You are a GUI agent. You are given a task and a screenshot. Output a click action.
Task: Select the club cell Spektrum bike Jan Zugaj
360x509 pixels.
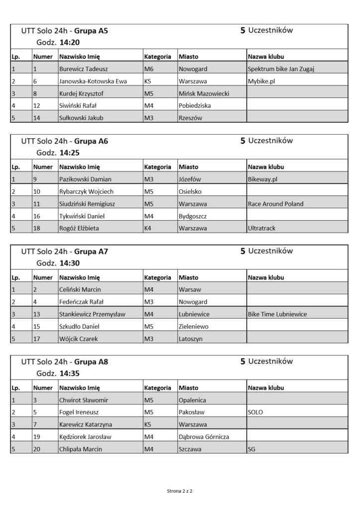click(x=281, y=69)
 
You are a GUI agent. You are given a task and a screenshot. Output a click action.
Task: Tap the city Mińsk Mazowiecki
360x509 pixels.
click(x=203, y=93)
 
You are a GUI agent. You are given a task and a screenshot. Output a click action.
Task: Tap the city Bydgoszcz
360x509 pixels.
click(x=192, y=216)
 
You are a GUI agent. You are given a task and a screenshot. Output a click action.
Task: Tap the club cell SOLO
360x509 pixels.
click(x=255, y=412)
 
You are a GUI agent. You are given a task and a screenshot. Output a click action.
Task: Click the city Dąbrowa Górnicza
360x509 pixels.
click(x=204, y=437)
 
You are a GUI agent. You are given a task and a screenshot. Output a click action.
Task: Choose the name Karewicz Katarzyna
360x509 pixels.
click(x=86, y=424)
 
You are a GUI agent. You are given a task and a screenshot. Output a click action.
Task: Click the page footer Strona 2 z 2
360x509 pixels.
click(x=180, y=491)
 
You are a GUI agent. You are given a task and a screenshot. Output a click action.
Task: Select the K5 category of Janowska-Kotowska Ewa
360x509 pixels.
click(x=148, y=81)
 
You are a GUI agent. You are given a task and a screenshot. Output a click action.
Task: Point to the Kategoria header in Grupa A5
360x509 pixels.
click(x=158, y=56)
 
